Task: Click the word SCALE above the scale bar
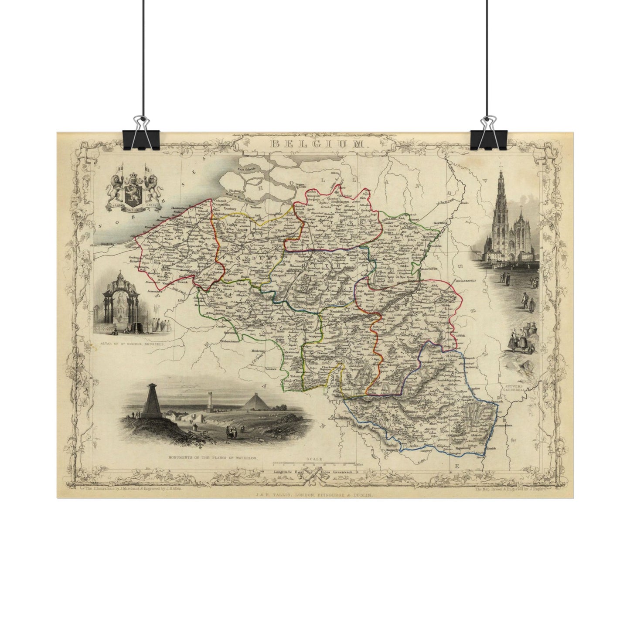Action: click(x=314, y=460)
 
